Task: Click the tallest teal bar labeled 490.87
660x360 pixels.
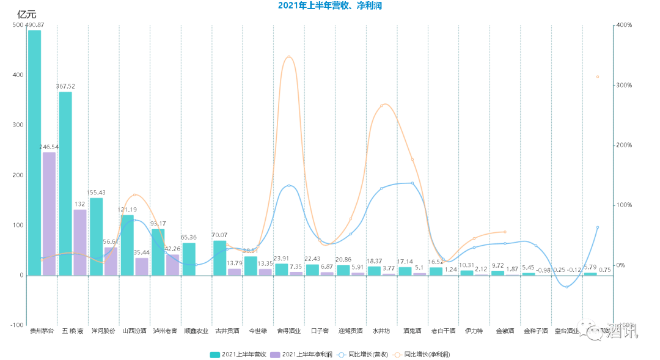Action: [34, 153]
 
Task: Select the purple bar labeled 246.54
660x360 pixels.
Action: [49, 214]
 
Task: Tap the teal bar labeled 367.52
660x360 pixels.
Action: [65, 183]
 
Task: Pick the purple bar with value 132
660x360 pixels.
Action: [80, 242]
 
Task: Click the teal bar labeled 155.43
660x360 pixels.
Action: [96, 236]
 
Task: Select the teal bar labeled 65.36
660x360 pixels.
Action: [189, 259]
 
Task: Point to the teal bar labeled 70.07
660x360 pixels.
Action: [219, 257]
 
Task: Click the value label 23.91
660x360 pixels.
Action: [281, 259]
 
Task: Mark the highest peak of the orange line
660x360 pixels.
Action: [288, 57]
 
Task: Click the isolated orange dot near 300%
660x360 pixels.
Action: [598, 77]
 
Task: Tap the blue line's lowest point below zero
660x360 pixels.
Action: [566, 287]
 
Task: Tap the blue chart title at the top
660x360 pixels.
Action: [329, 5]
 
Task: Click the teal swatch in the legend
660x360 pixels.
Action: [215, 354]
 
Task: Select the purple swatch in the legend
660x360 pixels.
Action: [274, 354]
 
